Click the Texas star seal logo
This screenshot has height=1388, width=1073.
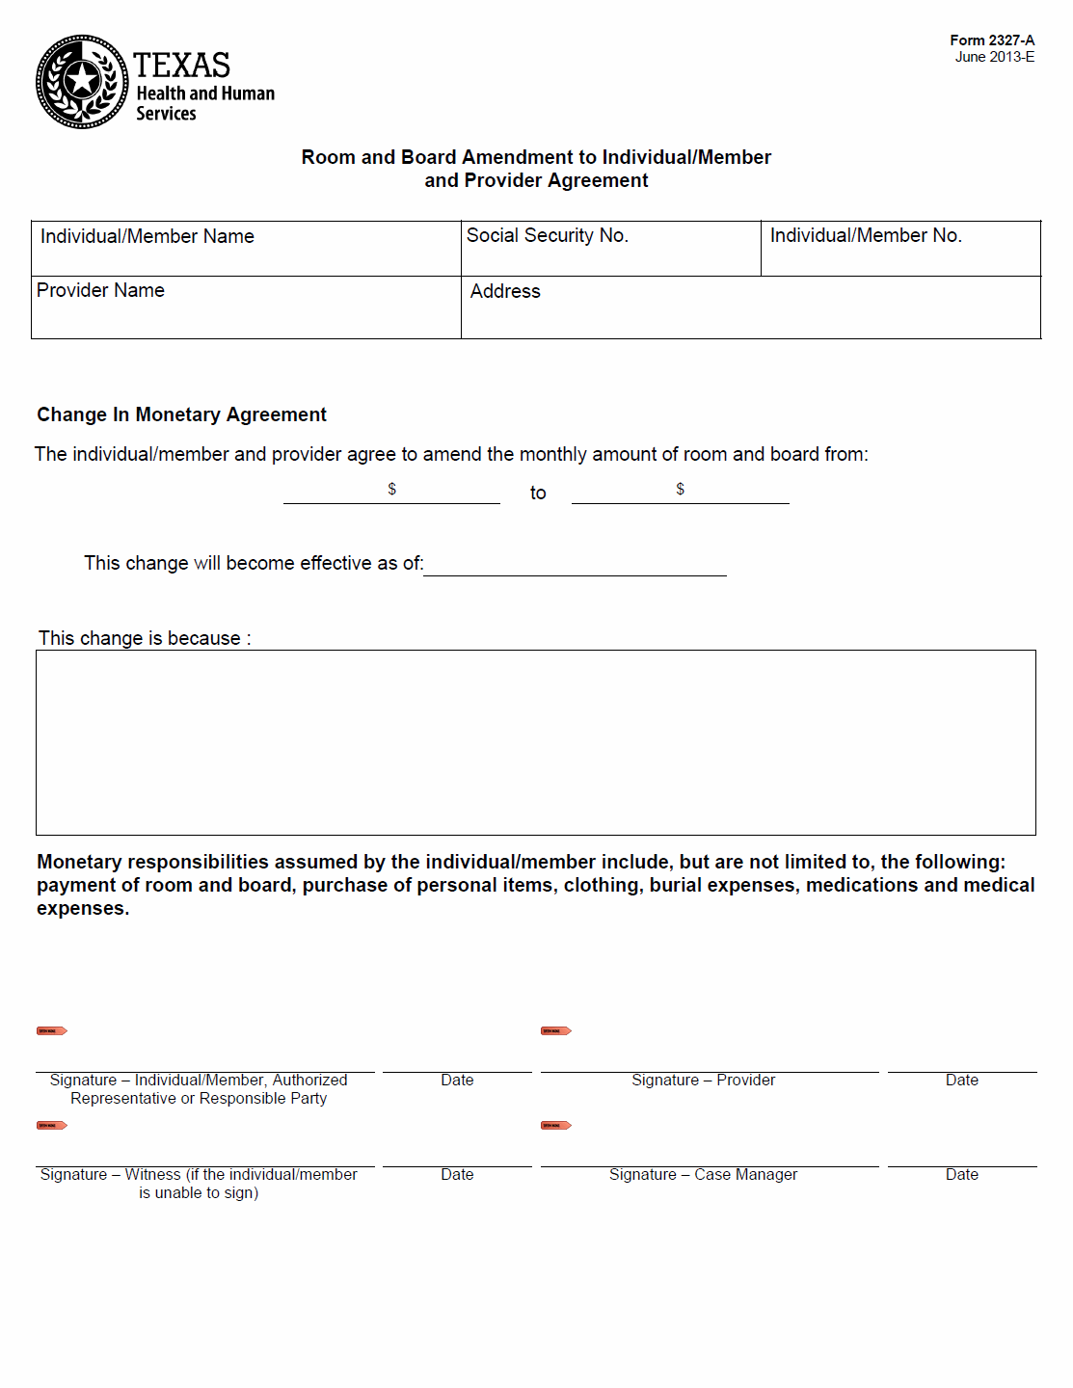82,82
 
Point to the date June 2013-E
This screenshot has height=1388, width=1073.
994,57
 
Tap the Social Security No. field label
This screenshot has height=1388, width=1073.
547,236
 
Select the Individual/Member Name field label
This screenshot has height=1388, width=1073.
147,237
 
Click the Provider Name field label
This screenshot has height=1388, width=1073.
100,291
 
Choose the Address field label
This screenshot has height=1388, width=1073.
505,292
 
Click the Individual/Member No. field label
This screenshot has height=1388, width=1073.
865,236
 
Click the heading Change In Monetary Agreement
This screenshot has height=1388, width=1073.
181,415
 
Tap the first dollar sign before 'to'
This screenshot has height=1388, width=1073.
391,490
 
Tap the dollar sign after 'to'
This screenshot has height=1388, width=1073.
680,490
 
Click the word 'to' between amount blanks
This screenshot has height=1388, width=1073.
538,494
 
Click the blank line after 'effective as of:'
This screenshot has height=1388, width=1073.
575,566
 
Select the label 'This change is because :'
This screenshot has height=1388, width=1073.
145,639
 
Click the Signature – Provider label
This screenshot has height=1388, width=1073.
703,1081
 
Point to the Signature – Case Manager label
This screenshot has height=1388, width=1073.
703,1175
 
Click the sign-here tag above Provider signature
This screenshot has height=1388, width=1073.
555,1031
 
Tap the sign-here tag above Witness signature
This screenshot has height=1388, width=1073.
51,1126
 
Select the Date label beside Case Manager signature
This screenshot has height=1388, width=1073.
961,1175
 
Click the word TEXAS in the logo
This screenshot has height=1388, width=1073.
181,66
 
